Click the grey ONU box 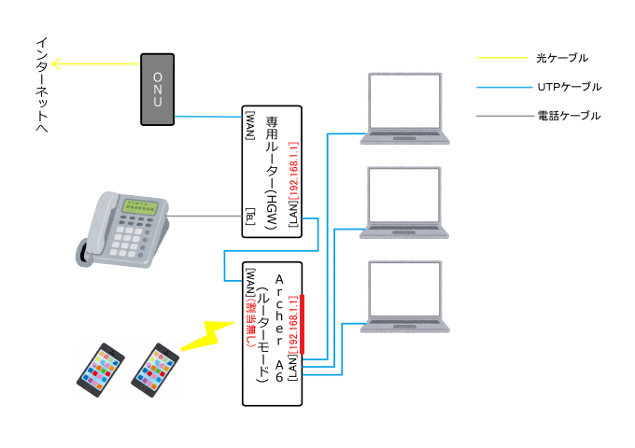[x=158, y=89]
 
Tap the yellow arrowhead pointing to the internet [x=56, y=63]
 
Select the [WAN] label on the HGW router [x=250, y=125]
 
